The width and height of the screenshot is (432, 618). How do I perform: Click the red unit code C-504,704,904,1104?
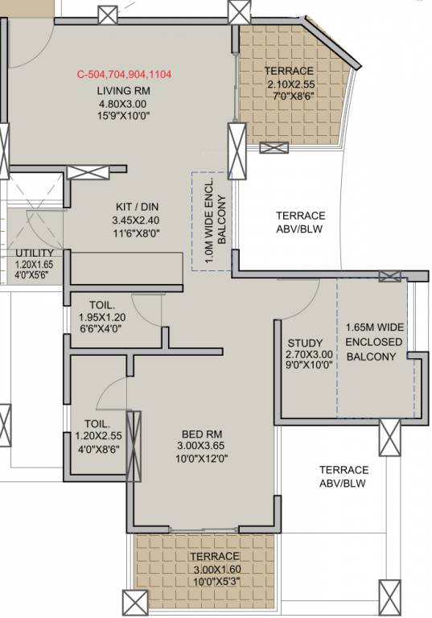(x=125, y=74)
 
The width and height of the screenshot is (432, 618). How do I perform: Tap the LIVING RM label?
(x=125, y=90)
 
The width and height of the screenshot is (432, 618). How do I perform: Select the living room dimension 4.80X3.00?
(x=125, y=103)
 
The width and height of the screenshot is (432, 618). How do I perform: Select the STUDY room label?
(x=304, y=342)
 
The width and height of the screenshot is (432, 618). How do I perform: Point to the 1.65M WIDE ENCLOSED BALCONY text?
(x=374, y=342)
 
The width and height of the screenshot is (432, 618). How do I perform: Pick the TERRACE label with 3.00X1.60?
(x=214, y=556)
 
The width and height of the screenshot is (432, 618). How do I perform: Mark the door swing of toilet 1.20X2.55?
(x=109, y=394)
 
